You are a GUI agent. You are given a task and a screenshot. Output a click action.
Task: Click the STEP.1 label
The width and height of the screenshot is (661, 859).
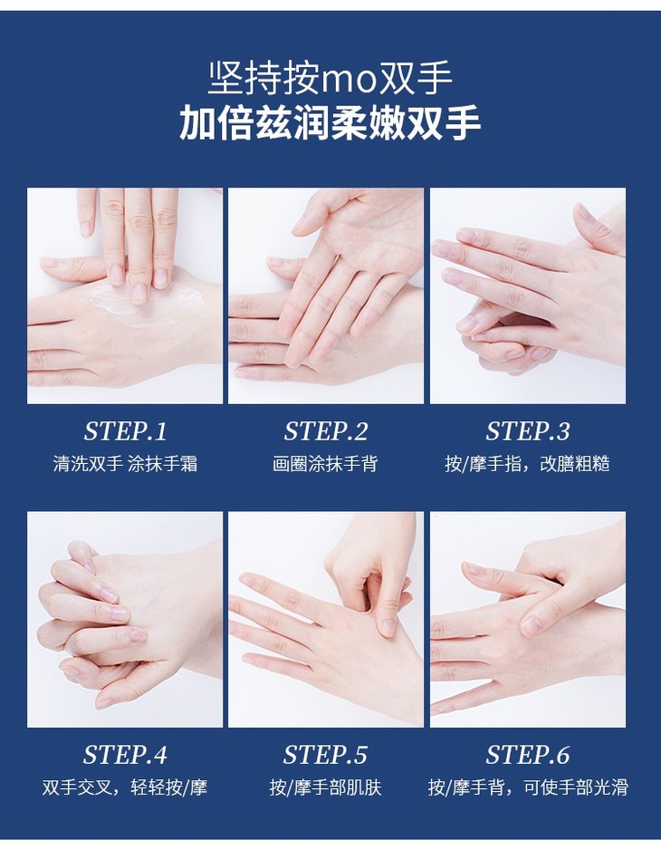point(125,431)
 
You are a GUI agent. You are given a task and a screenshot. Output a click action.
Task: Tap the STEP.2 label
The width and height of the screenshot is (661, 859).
point(326,431)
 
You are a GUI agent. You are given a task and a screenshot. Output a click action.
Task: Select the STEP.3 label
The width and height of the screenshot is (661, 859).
point(527,431)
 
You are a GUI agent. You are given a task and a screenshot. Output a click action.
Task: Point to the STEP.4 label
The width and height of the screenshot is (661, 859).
point(125,755)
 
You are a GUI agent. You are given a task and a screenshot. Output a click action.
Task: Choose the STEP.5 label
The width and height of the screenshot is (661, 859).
point(325,755)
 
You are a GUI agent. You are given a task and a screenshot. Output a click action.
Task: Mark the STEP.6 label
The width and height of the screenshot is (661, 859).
point(527,755)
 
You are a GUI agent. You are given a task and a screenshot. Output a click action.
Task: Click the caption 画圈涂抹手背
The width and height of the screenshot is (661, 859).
point(325,463)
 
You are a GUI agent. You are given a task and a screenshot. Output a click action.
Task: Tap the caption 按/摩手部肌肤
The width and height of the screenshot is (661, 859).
point(325,787)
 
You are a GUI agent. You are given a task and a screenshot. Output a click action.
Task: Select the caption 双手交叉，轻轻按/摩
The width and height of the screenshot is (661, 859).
point(125,787)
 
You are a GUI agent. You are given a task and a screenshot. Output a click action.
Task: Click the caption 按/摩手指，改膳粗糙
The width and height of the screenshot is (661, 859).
point(527,463)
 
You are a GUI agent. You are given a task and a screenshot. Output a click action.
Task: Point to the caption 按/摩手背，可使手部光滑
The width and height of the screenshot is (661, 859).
point(527,787)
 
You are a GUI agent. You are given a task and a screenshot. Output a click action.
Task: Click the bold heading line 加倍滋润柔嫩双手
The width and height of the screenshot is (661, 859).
point(330,122)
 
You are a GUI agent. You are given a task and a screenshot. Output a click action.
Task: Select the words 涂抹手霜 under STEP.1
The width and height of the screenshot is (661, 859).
point(162,463)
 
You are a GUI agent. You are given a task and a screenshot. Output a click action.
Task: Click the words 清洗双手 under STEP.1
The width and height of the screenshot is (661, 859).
point(88,463)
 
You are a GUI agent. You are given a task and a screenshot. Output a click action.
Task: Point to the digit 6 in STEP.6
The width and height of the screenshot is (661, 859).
point(562,755)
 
